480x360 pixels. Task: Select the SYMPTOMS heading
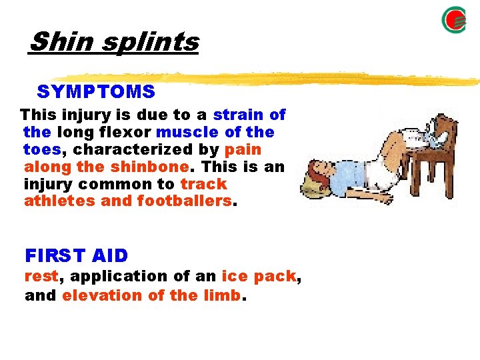[96, 91]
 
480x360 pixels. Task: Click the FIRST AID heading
[76, 255]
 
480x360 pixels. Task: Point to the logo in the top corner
[454, 19]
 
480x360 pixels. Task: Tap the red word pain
[243, 149]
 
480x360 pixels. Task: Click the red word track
[203, 184]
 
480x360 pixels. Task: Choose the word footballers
[185, 201]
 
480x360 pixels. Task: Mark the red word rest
[40, 276]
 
